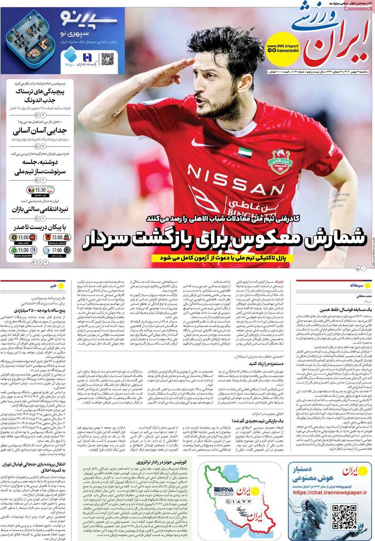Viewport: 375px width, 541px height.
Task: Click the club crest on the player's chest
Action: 280,161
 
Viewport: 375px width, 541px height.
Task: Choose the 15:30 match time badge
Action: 41,190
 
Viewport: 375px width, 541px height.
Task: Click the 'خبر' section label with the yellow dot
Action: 54,286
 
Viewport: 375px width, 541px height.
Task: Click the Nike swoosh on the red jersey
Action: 203,143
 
